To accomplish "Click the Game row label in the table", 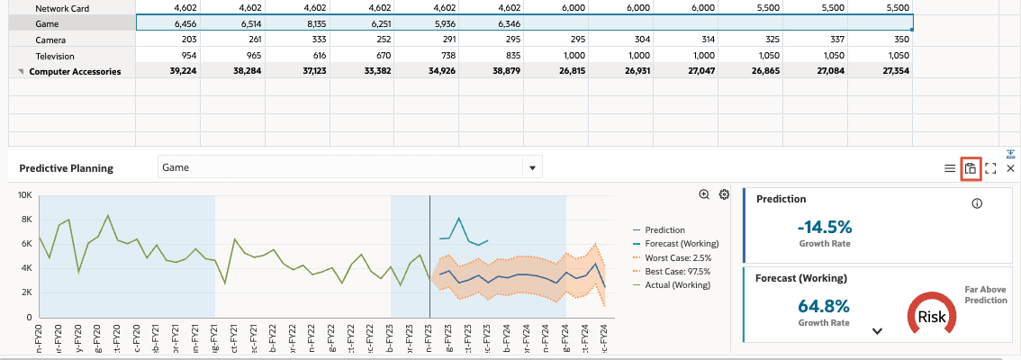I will click(47, 23).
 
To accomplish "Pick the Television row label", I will click(55, 56).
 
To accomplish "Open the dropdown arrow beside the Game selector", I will click(532, 167).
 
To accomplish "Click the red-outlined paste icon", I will click(970, 168).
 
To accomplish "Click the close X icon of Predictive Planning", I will click(1010, 168).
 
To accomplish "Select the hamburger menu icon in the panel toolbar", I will click(949, 168).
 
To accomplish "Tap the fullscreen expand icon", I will click(990, 168).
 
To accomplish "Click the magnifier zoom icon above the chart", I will click(704, 194).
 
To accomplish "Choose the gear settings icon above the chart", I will click(723, 194).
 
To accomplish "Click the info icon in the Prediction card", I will click(977, 203).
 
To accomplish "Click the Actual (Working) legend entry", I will click(677, 284).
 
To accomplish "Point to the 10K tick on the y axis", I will click(24, 195).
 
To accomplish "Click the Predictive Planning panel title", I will click(67, 168).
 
